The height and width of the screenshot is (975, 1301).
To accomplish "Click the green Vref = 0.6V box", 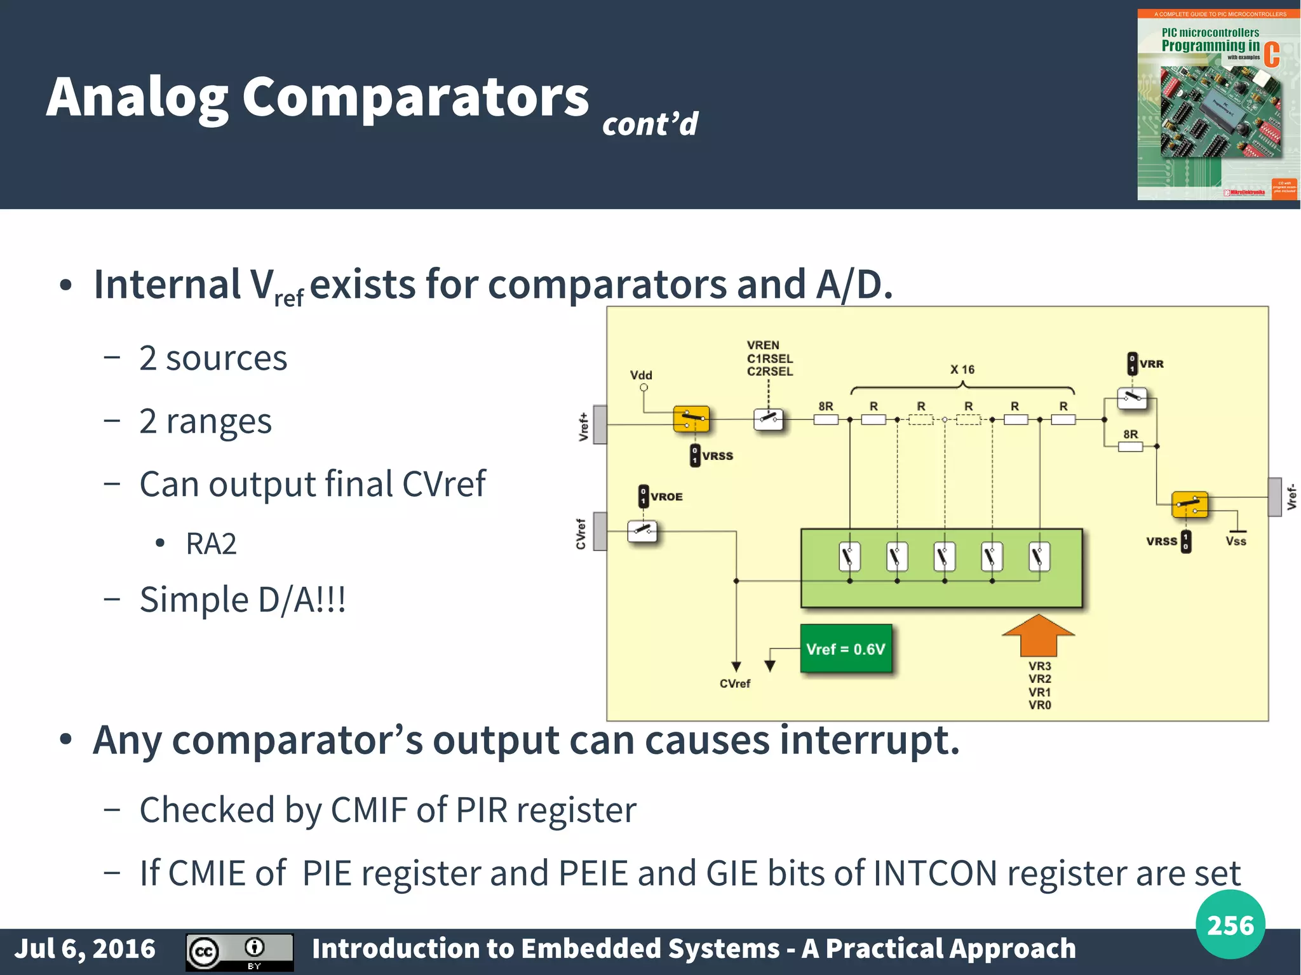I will [846, 649].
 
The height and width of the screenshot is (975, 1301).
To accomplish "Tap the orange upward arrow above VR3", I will [1038, 635].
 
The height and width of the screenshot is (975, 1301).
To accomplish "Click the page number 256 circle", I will [1230, 925].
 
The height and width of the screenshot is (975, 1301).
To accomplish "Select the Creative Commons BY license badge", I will [239, 951].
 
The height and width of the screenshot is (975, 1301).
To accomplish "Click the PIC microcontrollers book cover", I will [1217, 105].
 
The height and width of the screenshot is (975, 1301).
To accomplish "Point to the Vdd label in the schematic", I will [641, 375].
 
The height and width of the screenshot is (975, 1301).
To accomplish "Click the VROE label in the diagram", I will [666, 497].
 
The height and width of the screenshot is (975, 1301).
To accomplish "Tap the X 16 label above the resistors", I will [962, 370].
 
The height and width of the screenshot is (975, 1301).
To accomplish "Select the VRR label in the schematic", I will [1151, 364].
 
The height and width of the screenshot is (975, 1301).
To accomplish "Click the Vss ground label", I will [1236, 541].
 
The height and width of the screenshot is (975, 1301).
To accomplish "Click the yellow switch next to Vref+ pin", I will [691, 419].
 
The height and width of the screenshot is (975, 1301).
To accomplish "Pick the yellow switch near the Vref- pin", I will [1189, 505].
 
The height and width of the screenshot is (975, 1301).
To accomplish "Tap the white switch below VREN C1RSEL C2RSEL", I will [768, 419].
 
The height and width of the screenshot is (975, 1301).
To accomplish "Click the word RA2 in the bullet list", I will [211, 544].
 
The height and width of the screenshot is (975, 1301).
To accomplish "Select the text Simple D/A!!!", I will [243, 600].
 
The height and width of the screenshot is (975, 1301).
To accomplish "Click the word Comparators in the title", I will [415, 97].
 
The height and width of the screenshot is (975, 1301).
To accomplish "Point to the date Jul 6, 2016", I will [85, 948].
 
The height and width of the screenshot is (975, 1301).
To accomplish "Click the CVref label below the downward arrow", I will [735, 683].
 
